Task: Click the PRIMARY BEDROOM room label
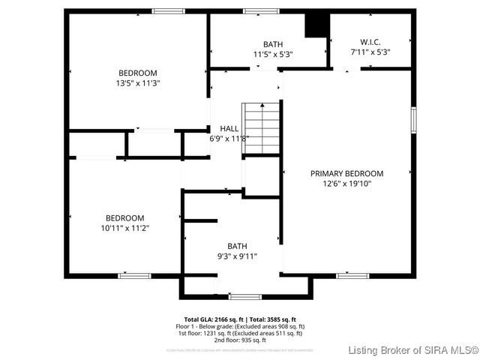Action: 346,173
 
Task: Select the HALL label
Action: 229,128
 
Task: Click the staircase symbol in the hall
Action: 260,129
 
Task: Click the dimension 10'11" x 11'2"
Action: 124,228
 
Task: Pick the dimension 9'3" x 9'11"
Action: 237,256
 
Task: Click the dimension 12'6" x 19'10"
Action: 346,183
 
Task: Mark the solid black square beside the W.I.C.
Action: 316,25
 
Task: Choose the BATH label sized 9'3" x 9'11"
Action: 237,246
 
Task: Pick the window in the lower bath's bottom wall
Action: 245,296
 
